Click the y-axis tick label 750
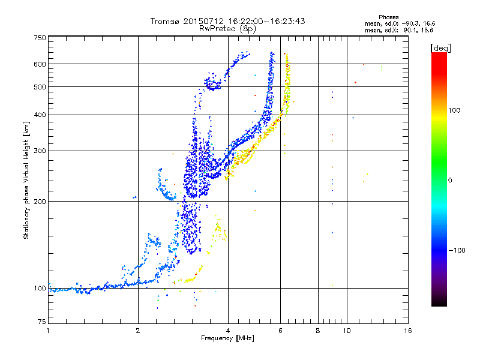click(x=40, y=37)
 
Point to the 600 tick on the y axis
click(x=40, y=64)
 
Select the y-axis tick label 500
click(x=40, y=87)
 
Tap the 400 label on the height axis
click(x=40, y=115)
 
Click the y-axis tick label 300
click(x=40, y=151)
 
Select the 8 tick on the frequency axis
click(x=318, y=331)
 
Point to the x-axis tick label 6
click(x=280, y=331)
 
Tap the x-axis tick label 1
click(x=48, y=331)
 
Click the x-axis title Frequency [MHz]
click(x=227, y=339)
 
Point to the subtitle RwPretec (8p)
click(x=228, y=28)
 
